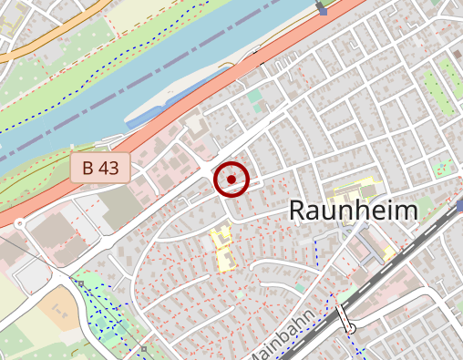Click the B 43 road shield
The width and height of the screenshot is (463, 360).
(100, 167)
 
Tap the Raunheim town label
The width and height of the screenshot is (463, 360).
(353, 211)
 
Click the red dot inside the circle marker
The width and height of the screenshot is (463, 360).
(231, 180)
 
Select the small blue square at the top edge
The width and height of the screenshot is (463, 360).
(322, 9)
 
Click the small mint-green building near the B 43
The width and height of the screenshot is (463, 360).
(254, 95)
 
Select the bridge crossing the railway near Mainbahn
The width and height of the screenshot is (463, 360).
(345, 319)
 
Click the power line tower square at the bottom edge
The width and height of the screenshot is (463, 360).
(143, 348)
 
